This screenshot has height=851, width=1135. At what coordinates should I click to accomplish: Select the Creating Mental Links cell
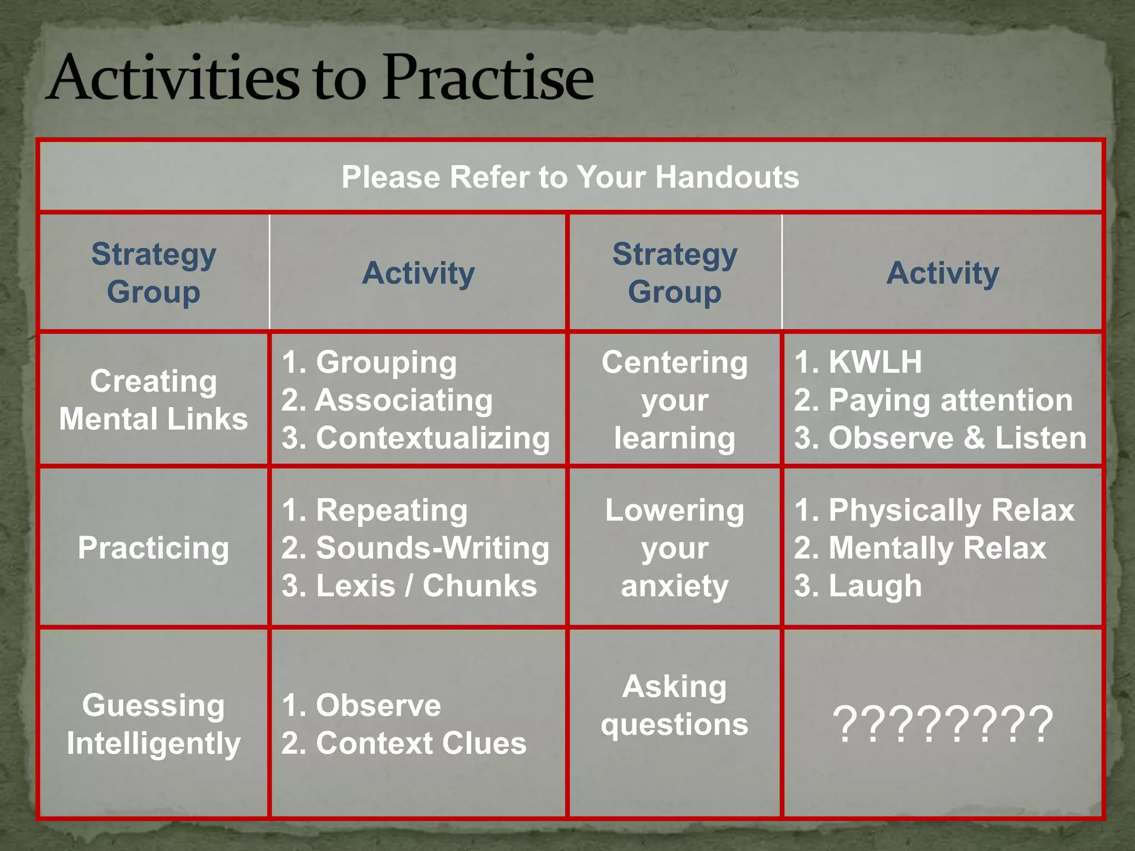(154, 399)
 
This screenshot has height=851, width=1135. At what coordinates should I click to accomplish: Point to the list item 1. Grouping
(370, 362)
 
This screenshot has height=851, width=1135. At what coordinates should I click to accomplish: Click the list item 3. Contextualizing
(416, 438)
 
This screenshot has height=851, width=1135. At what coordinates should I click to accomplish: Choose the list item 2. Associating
(387, 400)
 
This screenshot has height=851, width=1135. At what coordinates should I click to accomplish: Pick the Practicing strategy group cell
(154, 548)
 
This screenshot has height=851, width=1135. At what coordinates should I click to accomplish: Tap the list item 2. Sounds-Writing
(416, 548)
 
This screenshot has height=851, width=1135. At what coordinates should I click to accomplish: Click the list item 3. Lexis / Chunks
(409, 586)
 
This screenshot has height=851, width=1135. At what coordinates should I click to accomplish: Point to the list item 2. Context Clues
(404, 743)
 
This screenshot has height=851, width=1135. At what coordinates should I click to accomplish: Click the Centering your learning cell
(674, 399)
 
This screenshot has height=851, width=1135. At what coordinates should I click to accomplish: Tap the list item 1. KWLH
(858, 362)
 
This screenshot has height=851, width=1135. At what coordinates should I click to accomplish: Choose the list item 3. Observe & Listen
(940, 438)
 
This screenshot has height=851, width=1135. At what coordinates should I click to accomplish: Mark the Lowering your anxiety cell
(674, 548)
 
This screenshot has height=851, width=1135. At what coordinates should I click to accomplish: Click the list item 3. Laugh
(858, 586)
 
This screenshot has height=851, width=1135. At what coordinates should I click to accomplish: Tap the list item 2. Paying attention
(933, 400)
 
